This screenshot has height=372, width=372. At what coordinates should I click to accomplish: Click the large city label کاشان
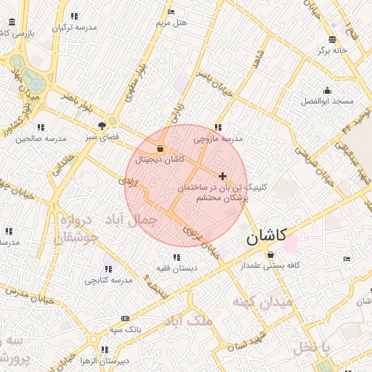(x=267, y=236)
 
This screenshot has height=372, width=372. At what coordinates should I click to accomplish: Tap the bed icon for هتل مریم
(x=171, y=12)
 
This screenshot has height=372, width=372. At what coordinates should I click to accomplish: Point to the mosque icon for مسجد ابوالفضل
(x=328, y=91)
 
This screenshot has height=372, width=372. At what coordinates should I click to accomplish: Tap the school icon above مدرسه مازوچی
(x=217, y=127)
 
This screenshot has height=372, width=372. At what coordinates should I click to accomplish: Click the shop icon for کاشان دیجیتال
(x=160, y=149)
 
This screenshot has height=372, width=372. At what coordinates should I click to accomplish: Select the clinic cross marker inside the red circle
(x=222, y=176)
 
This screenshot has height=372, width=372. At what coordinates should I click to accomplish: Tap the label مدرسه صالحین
(x=41, y=137)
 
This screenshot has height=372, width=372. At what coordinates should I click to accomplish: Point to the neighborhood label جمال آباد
(x=137, y=219)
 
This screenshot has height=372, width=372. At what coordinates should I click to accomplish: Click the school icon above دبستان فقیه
(x=176, y=257)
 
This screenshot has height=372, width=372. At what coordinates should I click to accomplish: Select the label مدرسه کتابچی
(x=109, y=280)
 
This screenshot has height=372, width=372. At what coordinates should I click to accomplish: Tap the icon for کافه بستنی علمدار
(x=271, y=255)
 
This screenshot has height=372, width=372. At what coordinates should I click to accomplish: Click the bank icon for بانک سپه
(x=126, y=319)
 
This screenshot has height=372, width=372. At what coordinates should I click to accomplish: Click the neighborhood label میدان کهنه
(x=263, y=301)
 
